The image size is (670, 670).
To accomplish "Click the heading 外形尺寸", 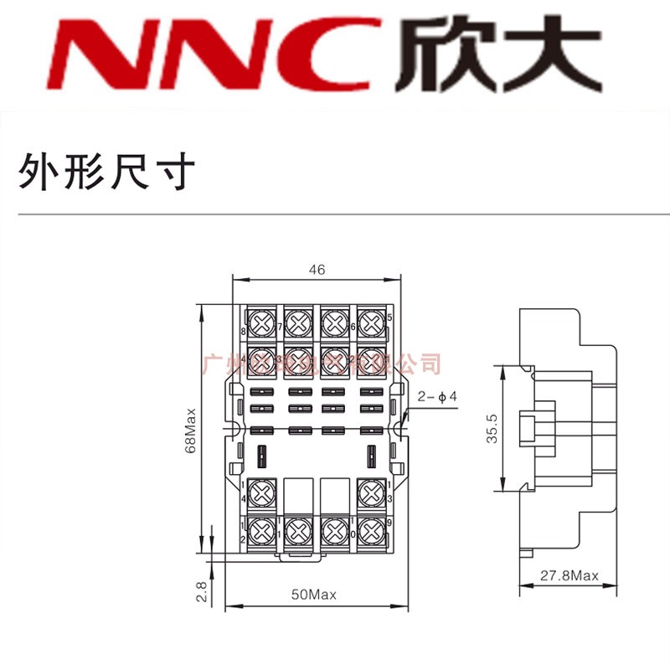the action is point(106,172).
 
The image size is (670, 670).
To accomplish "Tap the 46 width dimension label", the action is point(317,270).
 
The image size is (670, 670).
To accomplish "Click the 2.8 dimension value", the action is point(201,592).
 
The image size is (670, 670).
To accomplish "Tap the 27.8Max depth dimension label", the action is point(569,576).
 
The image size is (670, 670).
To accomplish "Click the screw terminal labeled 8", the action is point(260,322).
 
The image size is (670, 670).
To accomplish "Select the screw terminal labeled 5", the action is point(371,322).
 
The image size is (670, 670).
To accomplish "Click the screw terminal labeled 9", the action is point(371,529).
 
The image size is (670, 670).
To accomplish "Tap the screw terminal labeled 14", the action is point(260,491).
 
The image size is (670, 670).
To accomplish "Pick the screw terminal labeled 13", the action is point(371,491).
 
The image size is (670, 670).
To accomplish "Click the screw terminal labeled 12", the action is point(260,529).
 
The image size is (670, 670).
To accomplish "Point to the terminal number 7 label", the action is point(279,327).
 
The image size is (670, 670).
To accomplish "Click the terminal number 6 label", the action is point(353,327).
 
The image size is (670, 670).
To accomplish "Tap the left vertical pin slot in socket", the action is point(261,456).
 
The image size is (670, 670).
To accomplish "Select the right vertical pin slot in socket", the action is point(371,456).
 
